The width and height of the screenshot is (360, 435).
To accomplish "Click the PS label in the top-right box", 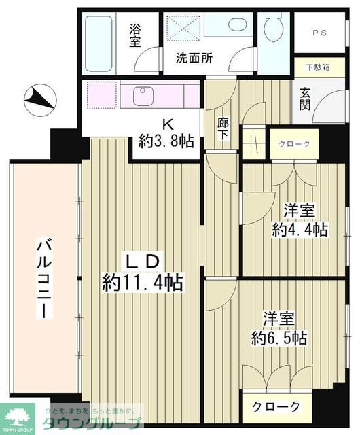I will [319, 33].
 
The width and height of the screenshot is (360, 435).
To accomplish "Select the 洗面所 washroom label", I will [194, 58].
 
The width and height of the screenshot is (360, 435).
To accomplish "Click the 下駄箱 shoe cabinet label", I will [318, 67].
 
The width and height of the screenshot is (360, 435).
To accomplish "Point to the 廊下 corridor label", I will [223, 128].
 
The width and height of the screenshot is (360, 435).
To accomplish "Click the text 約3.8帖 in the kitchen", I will [166, 141].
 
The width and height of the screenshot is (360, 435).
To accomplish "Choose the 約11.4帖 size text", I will [143, 281].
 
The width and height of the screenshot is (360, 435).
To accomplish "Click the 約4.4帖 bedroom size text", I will [300, 229].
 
